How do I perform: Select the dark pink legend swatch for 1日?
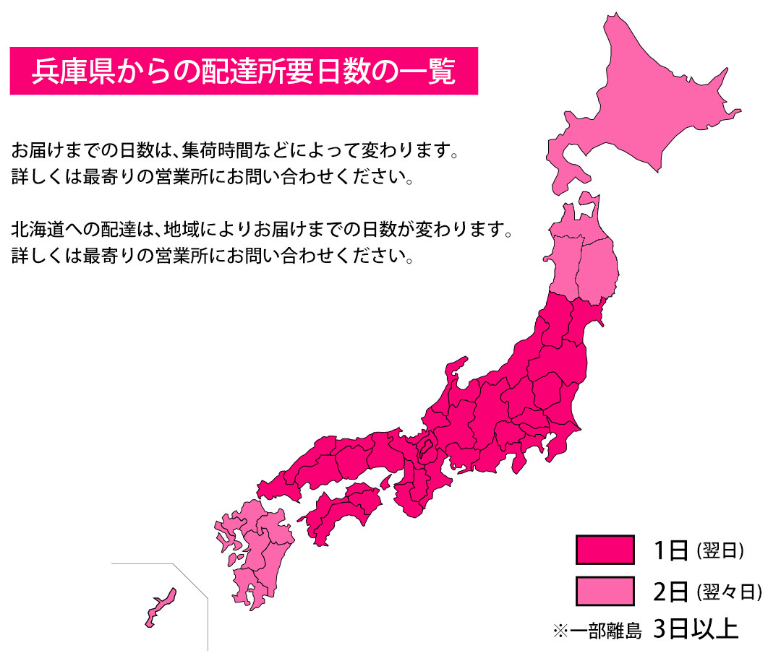click(605, 550)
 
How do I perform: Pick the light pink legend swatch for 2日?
click(605, 591)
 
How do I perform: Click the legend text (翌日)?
click(720, 550)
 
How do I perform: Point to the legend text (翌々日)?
click(730, 592)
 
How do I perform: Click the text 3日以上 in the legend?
click(695, 628)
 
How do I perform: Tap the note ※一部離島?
click(597, 631)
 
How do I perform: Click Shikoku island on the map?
click(340, 509)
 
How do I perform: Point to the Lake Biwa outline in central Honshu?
click(427, 451)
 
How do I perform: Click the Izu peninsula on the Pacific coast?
click(518, 462)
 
